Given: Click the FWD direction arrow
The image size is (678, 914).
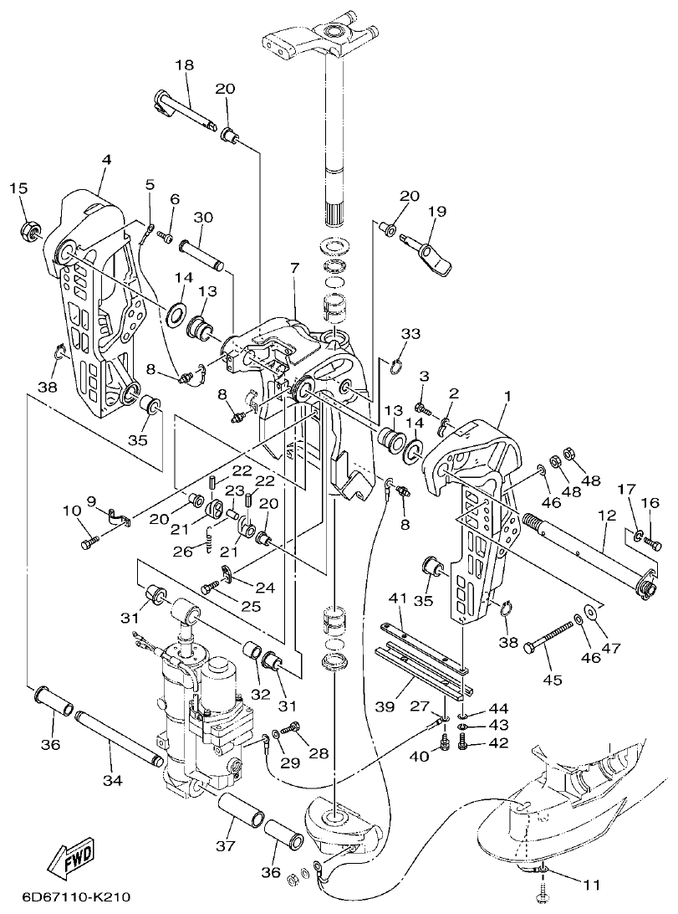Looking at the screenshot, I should pos(72,858).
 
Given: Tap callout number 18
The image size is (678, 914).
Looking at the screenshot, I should pos(184,65).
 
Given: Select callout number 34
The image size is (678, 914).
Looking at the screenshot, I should pos(113,780).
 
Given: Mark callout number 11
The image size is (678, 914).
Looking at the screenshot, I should pos(592,883).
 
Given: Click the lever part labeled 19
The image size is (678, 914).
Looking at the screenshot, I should pos(431,251).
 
